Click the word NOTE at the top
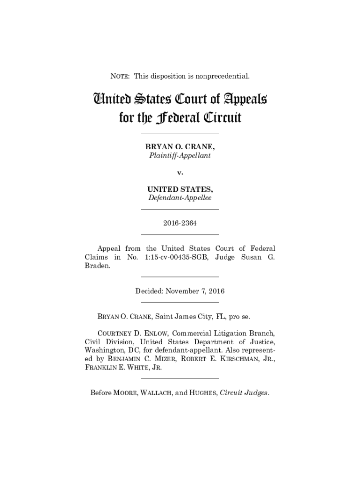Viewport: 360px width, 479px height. click(119, 75)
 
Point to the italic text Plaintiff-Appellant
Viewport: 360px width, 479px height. click(180, 156)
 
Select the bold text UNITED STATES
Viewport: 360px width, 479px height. click(180, 189)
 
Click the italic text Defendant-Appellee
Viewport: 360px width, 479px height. click(180, 198)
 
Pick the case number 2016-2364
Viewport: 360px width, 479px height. click(180, 223)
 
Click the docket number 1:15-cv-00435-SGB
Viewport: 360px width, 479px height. click(174, 257)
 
